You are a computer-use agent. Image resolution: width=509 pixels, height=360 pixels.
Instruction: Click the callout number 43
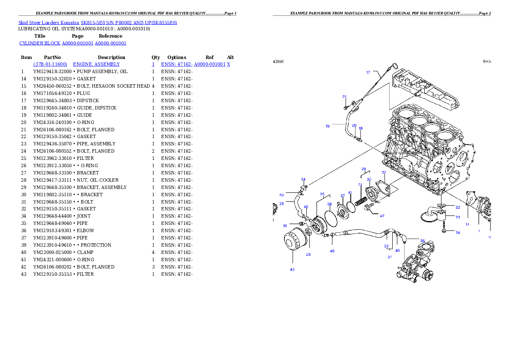tap(292, 270)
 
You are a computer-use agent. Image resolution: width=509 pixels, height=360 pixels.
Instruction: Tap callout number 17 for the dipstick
tap(368, 72)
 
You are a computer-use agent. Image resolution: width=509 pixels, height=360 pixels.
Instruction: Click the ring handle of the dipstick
tap(395, 65)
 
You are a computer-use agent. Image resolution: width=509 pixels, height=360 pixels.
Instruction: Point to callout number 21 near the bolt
tap(344, 97)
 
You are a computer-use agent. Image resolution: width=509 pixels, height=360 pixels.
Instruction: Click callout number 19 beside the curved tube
tap(327, 126)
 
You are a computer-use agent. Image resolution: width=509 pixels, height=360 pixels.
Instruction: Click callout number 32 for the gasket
tap(384, 172)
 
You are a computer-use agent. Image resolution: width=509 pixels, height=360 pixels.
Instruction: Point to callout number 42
tap(382, 216)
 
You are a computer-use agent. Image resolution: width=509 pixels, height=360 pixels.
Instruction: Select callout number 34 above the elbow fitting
tap(303, 179)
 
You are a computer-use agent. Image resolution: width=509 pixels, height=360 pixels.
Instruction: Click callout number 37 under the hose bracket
tap(390, 257)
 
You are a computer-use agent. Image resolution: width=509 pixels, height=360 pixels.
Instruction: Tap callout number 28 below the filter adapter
tap(308, 254)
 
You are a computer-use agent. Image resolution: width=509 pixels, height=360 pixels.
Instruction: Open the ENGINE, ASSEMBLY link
tap(96, 64)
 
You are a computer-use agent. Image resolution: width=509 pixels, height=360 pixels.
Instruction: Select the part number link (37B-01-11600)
tap(50, 64)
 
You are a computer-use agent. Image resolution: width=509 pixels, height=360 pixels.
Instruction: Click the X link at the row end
tap(228, 64)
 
